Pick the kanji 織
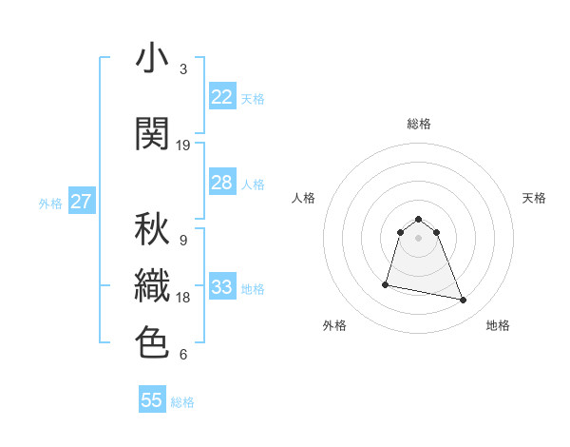(152, 286)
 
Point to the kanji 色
(152, 342)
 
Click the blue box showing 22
(222, 97)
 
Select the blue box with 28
(222, 183)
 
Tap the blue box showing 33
(222, 287)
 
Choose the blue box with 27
(82, 202)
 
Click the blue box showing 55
(152, 400)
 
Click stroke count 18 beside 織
(183, 298)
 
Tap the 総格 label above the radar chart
(419, 124)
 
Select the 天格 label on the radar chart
(534, 198)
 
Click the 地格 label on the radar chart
(498, 325)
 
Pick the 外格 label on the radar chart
(334, 325)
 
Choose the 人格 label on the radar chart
(304, 198)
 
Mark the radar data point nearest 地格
(464, 301)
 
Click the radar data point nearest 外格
(386, 283)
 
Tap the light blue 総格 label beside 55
(182, 402)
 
